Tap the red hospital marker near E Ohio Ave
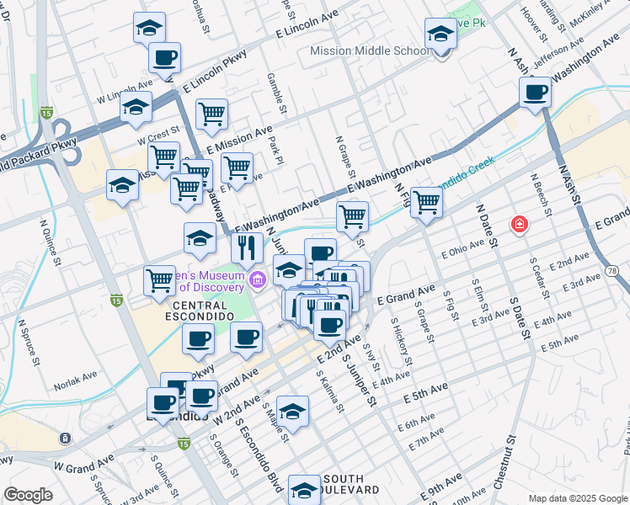tap(520, 225)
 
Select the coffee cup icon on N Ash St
tap(536, 92)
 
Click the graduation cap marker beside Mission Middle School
tap(440, 35)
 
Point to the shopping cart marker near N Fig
tap(427, 202)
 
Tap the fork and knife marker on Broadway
tap(247, 247)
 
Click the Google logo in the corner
tap(28, 495)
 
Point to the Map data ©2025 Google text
tap(577, 498)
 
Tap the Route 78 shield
tap(613, 270)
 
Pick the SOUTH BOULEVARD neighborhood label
tap(349, 484)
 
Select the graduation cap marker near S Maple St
tap(292, 411)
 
